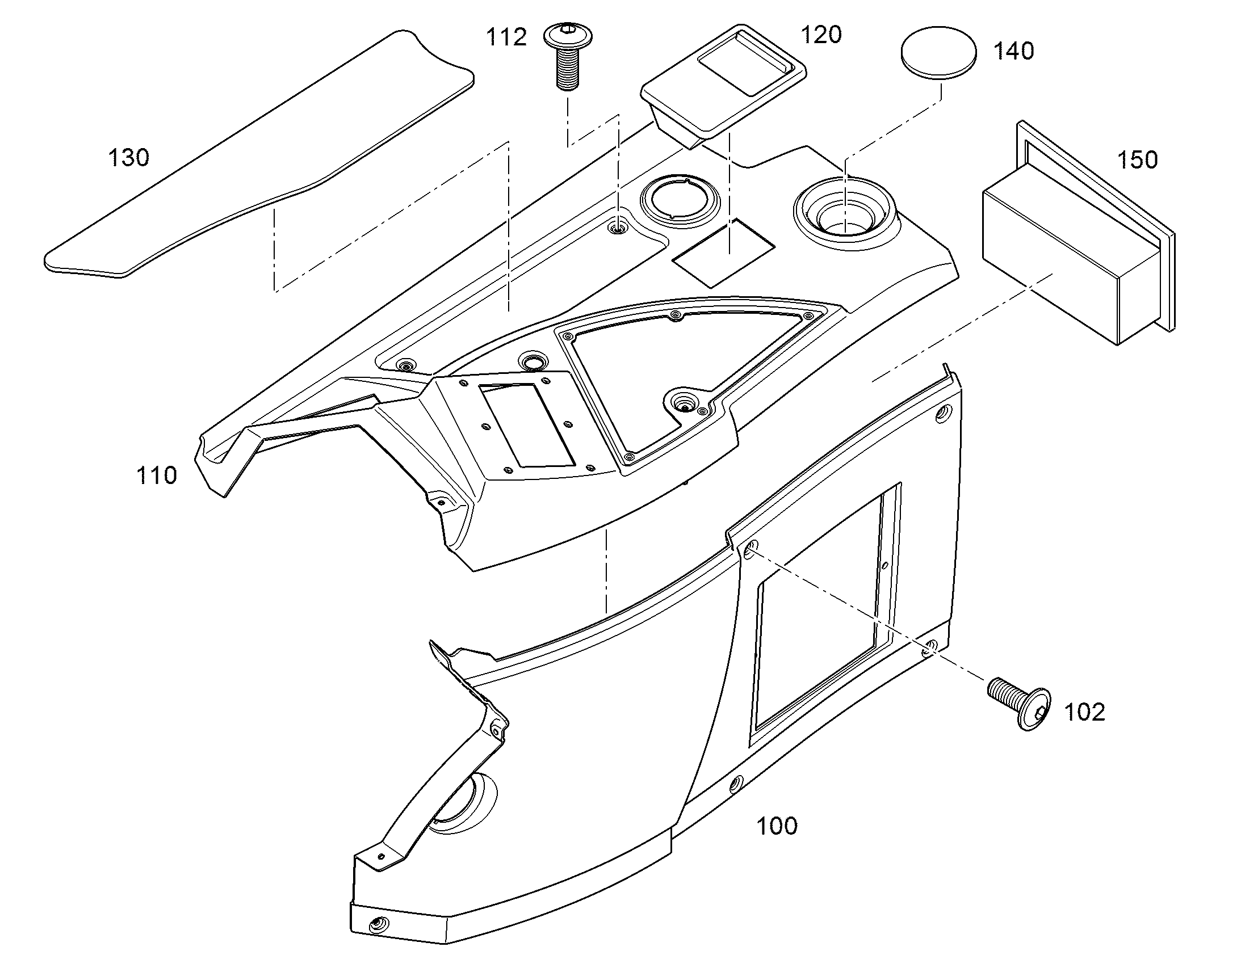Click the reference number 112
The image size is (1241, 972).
(505, 37)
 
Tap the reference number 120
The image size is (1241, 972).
(821, 35)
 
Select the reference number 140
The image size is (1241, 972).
(1013, 51)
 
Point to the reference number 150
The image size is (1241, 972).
(1137, 160)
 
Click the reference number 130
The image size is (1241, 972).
(129, 158)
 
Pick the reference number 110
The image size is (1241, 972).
(157, 475)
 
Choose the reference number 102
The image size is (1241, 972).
(1084, 712)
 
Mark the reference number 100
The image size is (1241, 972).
(777, 826)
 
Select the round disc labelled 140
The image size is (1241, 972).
(938, 52)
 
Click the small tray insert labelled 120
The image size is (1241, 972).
(723, 86)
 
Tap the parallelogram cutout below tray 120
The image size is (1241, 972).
(723, 252)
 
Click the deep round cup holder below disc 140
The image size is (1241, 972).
(845, 213)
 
